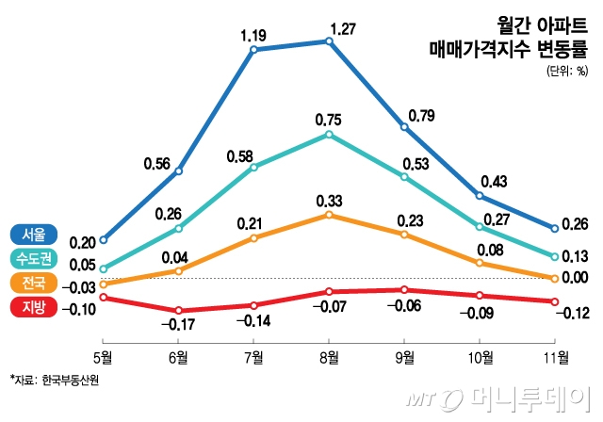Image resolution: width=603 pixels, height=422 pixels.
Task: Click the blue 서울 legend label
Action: click(x=33, y=234)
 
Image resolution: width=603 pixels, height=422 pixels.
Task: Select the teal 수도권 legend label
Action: click(x=33, y=258)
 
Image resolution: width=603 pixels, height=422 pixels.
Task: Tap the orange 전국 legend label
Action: click(x=33, y=283)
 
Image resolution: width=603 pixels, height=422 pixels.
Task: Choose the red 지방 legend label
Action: click(x=33, y=307)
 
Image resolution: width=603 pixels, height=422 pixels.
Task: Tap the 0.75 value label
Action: click(x=329, y=120)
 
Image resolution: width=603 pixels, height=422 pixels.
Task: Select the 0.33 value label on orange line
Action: click(x=329, y=201)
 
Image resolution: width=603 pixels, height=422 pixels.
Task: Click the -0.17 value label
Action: click(x=178, y=325)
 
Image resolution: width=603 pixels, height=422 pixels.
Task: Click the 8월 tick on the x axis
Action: click(x=329, y=356)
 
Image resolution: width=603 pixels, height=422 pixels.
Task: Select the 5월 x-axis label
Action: click(x=103, y=356)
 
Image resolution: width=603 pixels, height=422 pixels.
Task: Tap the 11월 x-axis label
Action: click(x=556, y=356)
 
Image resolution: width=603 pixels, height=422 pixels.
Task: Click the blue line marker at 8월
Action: click(x=329, y=41)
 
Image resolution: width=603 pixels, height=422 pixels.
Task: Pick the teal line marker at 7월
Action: click(x=253, y=168)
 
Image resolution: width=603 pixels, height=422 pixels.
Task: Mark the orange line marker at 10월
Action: click(x=481, y=267)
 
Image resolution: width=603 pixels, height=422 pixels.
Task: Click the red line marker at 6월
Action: click(x=178, y=310)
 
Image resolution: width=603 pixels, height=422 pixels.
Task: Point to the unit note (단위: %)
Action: click(x=566, y=69)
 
